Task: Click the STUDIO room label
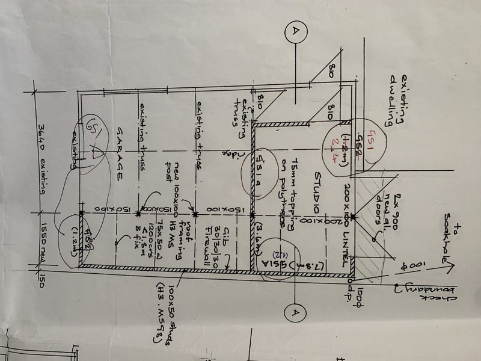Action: [315, 191]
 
